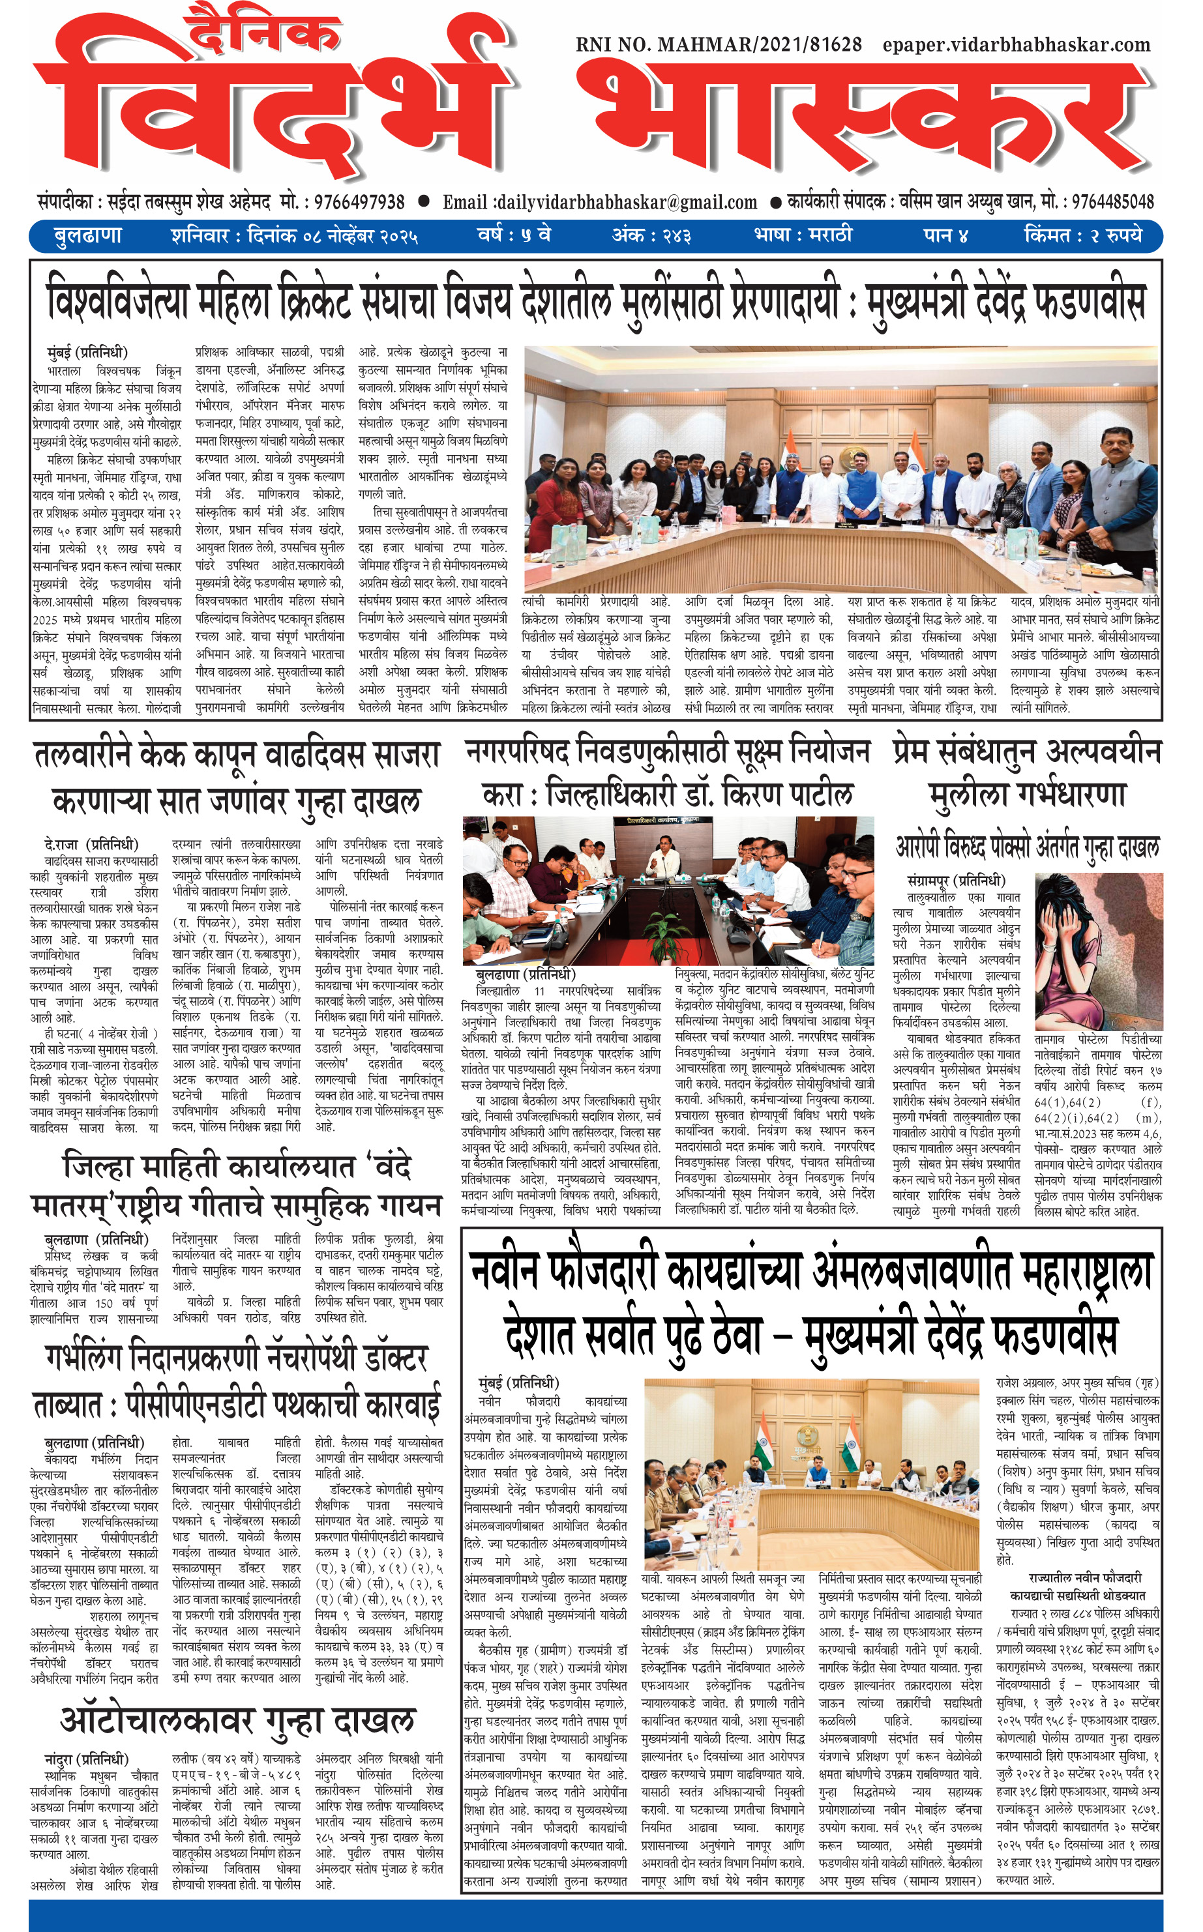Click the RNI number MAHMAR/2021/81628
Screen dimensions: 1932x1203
point(719,44)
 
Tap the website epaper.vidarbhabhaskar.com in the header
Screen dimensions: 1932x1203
point(1016,44)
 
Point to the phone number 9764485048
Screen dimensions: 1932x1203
point(1112,202)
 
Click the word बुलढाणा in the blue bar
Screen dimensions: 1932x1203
point(88,236)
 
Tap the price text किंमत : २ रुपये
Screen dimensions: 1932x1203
point(1083,235)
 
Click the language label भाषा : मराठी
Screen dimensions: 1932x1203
point(803,235)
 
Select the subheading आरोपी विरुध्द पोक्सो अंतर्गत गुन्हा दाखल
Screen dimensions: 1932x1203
point(1026,847)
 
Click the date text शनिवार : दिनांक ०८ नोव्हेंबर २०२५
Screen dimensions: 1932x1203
point(293,236)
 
